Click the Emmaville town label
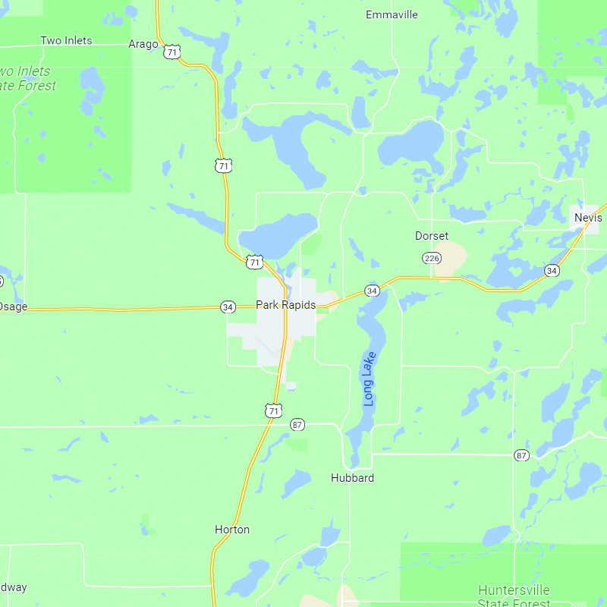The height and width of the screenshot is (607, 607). tap(392, 14)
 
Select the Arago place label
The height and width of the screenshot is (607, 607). tap(143, 44)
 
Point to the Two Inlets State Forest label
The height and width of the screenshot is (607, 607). tap(27, 78)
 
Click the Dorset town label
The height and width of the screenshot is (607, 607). tap(432, 236)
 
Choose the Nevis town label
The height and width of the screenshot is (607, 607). tap(588, 217)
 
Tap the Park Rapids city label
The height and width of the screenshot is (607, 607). tap(285, 305)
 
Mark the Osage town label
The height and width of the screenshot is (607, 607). tap(12, 306)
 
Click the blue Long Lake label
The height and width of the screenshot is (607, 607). tap(370, 379)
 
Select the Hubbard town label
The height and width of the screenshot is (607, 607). tap(352, 478)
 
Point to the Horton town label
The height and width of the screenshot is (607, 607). tap(232, 530)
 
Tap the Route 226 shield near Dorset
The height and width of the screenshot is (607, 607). tap(432, 259)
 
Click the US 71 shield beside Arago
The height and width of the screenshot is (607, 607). tap(174, 52)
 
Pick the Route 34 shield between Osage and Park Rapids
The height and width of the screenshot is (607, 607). tap(228, 307)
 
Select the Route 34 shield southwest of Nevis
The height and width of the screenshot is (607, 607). tap(552, 270)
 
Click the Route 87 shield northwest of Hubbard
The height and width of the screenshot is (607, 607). tap(297, 425)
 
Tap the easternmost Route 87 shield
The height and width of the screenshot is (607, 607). tap(521, 455)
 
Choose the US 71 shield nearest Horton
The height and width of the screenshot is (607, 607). tap(273, 410)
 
